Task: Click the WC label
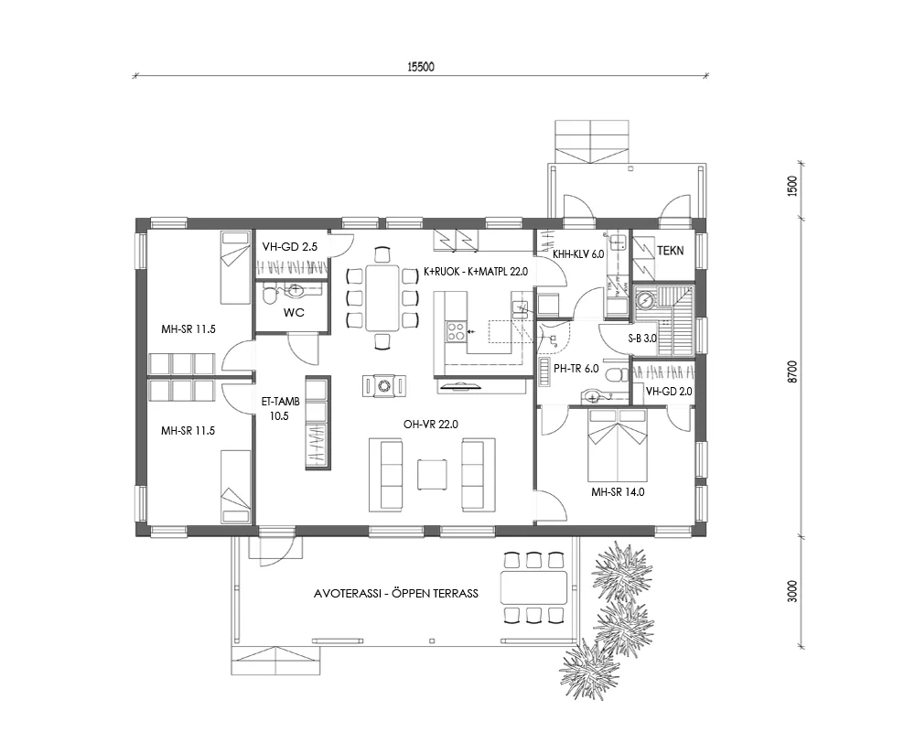(x=294, y=312)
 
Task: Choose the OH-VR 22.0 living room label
(x=430, y=425)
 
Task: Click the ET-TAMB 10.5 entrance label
(x=279, y=408)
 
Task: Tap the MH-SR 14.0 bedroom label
(x=619, y=491)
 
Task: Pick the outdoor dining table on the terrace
(x=534, y=587)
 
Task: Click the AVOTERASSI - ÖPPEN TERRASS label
(x=395, y=594)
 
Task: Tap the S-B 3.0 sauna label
(x=642, y=339)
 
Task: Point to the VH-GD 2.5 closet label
(x=289, y=247)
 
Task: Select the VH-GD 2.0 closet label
(x=669, y=391)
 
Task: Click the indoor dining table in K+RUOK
(x=382, y=296)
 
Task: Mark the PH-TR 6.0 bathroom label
(x=576, y=369)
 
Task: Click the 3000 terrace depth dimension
(x=793, y=591)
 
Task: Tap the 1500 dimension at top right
(x=793, y=186)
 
